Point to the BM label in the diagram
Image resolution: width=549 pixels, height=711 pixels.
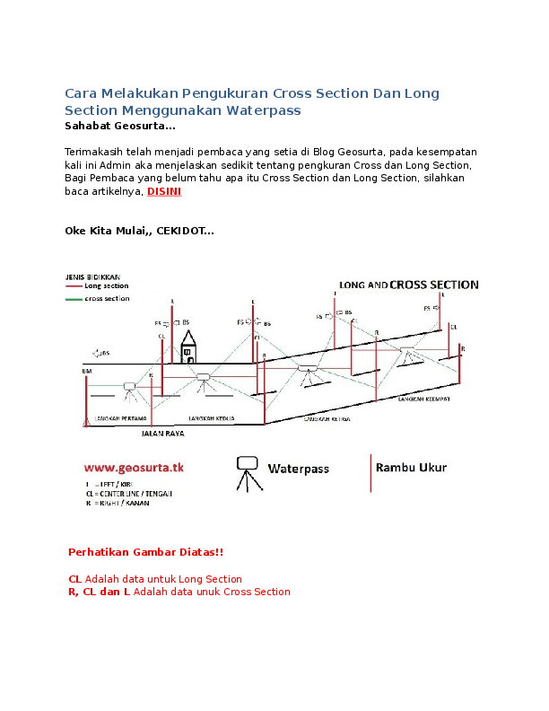[86, 370]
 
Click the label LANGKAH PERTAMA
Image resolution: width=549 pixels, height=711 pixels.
[116, 419]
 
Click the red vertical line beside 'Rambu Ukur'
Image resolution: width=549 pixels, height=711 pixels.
[370, 472]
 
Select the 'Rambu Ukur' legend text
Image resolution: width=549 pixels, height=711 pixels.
[411, 468]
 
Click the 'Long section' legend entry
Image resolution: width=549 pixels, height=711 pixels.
[103, 286]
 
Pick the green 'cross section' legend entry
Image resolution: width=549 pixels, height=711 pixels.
[105, 298]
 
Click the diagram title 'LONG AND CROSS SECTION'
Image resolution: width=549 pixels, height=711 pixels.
[408, 285]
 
